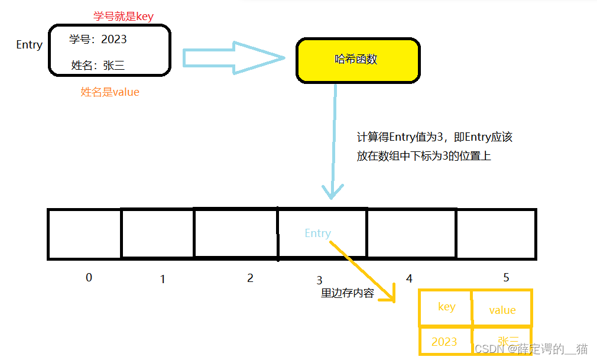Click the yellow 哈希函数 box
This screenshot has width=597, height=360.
coord(357,60)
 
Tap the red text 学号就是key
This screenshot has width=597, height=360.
coord(123,17)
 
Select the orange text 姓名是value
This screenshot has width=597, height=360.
coord(110,92)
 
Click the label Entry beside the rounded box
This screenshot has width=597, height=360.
coord(29,45)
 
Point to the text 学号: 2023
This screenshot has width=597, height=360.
coord(98,40)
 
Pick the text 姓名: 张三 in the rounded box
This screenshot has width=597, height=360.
coord(98,65)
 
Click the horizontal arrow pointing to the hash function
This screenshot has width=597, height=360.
coord(233,57)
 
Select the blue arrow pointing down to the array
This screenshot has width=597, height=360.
coord(334,142)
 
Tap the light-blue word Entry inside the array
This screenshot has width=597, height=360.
coord(317,233)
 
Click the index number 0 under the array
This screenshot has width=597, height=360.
coord(89,277)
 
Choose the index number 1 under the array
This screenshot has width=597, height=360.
coord(163,279)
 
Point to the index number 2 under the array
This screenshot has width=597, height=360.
coord(250,278)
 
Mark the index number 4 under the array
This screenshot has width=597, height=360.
coord(409,278)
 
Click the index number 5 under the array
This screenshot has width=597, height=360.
coord(506,277)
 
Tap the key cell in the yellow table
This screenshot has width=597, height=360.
coord(446,307)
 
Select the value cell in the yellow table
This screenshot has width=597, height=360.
coord(502,310)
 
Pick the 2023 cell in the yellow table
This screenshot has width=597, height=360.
coord(444,341)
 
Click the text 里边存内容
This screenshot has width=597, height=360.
coord(348,293)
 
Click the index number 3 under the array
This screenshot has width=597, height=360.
coord(319,280)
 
